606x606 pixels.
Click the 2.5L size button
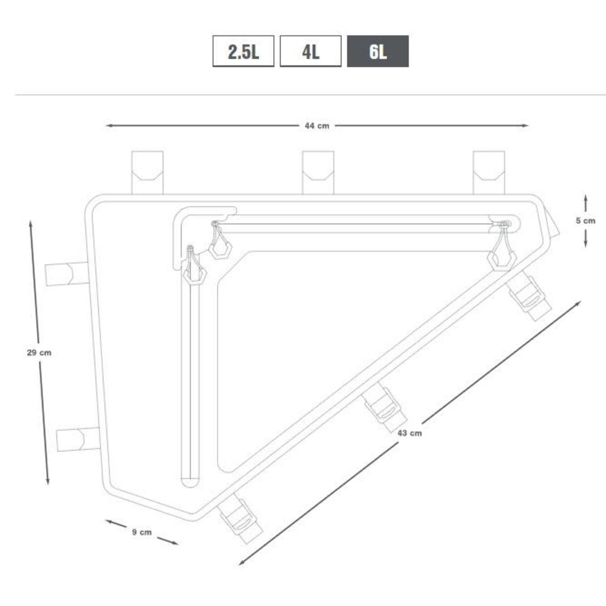point(243,51)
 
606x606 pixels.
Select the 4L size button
point(311,51)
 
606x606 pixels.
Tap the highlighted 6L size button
point(378,51)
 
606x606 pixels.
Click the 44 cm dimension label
point(317,125)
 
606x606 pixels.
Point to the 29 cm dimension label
point(39,353)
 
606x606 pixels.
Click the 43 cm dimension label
point(410,433)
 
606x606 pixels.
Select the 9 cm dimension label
point(142,532)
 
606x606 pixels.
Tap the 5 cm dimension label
point(585,221)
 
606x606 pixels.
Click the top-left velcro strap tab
point(147,172)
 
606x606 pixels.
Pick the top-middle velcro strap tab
point(318,172)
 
